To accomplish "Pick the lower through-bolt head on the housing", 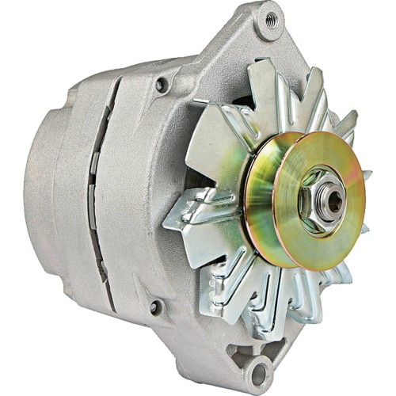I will click(154, 306).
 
